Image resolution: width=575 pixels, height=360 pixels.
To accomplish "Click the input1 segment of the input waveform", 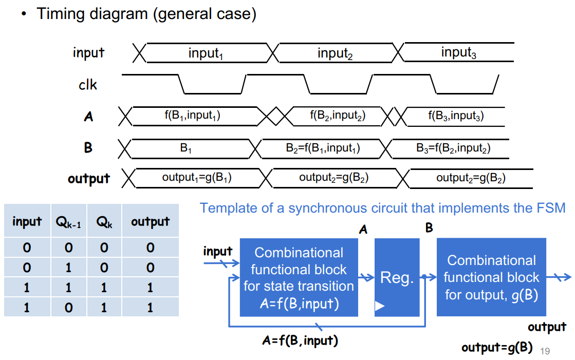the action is (206, 53).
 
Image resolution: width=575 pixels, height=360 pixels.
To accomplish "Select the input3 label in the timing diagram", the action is (458, 52).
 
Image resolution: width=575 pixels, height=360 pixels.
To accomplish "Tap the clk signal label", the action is (88, 85).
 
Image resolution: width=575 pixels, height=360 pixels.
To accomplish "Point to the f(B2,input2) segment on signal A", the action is (338, 116).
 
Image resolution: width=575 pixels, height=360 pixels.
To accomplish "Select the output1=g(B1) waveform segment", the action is (197, 178).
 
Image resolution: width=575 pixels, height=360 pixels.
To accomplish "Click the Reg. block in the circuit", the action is (397, 277).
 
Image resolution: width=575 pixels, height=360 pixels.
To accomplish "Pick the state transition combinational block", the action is (299, 277).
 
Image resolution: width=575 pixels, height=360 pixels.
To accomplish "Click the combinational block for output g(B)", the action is (491, 277).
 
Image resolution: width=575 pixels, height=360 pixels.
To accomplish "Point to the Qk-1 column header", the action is (68, 222).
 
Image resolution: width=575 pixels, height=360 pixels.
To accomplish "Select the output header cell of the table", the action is (151, 221).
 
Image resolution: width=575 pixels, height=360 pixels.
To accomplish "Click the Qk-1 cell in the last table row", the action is (68, 307).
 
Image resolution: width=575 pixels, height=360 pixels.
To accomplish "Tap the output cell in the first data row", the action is (151, 248).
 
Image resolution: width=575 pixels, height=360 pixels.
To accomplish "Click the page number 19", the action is (545, 351).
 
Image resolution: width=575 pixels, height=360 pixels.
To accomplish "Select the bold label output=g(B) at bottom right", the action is (497, 347).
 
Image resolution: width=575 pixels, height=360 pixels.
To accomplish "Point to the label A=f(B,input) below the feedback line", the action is (300, 340).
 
